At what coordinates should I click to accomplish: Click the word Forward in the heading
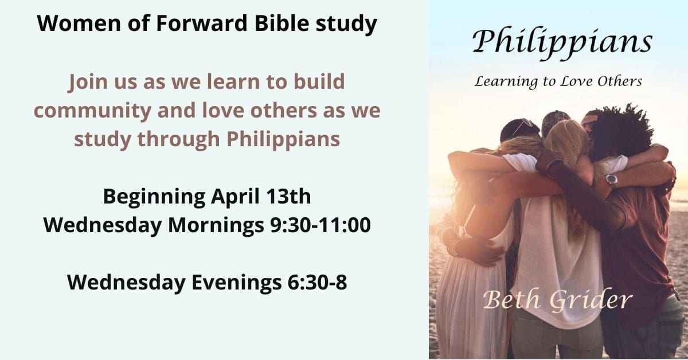coord(201,23)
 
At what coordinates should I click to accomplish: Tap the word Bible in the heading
coord(282,23)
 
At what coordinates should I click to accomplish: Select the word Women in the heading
coord(79,23)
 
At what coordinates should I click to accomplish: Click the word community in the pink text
coord(92,111)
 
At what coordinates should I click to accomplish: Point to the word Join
coord(88,82)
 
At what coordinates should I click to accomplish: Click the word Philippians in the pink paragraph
coord(283,139)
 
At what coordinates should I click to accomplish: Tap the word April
coord(235,197)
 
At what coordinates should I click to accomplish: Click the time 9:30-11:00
coord(320,225)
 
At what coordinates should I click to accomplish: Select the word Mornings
coord(216,226)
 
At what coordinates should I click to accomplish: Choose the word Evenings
coord(236,283)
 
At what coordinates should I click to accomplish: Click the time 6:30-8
coord(317,283)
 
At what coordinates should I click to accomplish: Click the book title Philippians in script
coord(562,42)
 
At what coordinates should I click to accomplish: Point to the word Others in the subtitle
coord(620,81)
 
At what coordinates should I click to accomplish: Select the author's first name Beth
coord(511,299)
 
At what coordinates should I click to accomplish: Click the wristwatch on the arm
coord(611,180)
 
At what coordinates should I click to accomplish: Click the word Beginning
coord(154,197)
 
